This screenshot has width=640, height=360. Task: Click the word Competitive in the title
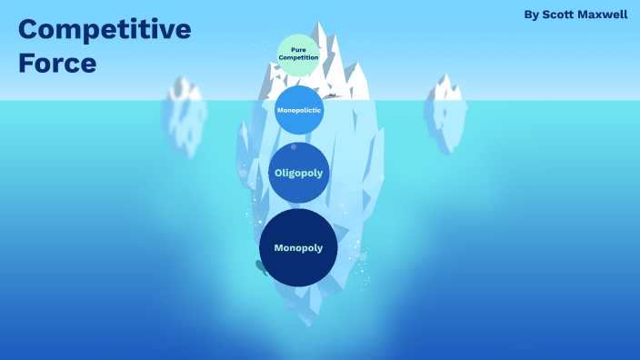tap(105, 30)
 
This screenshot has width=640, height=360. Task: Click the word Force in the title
tap(56, 64)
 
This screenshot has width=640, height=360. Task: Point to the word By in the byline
tap(531, 15)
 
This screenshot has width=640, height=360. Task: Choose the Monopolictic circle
tap(298, 110)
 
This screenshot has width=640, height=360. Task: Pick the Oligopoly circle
tap(298, 173)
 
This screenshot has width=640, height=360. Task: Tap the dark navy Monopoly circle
tap(298, 247)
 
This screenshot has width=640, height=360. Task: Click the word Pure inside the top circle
tap(298, 50)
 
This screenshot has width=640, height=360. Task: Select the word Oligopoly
tap(298, 173)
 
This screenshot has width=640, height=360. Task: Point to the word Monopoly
tap(298, 247)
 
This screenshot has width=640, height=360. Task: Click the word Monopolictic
tap(298, 110)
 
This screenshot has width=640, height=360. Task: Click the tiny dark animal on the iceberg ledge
tap(333, 95)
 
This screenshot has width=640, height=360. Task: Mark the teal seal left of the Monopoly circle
tap(260, 266)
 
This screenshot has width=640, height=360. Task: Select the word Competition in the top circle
tap(298, 57)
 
